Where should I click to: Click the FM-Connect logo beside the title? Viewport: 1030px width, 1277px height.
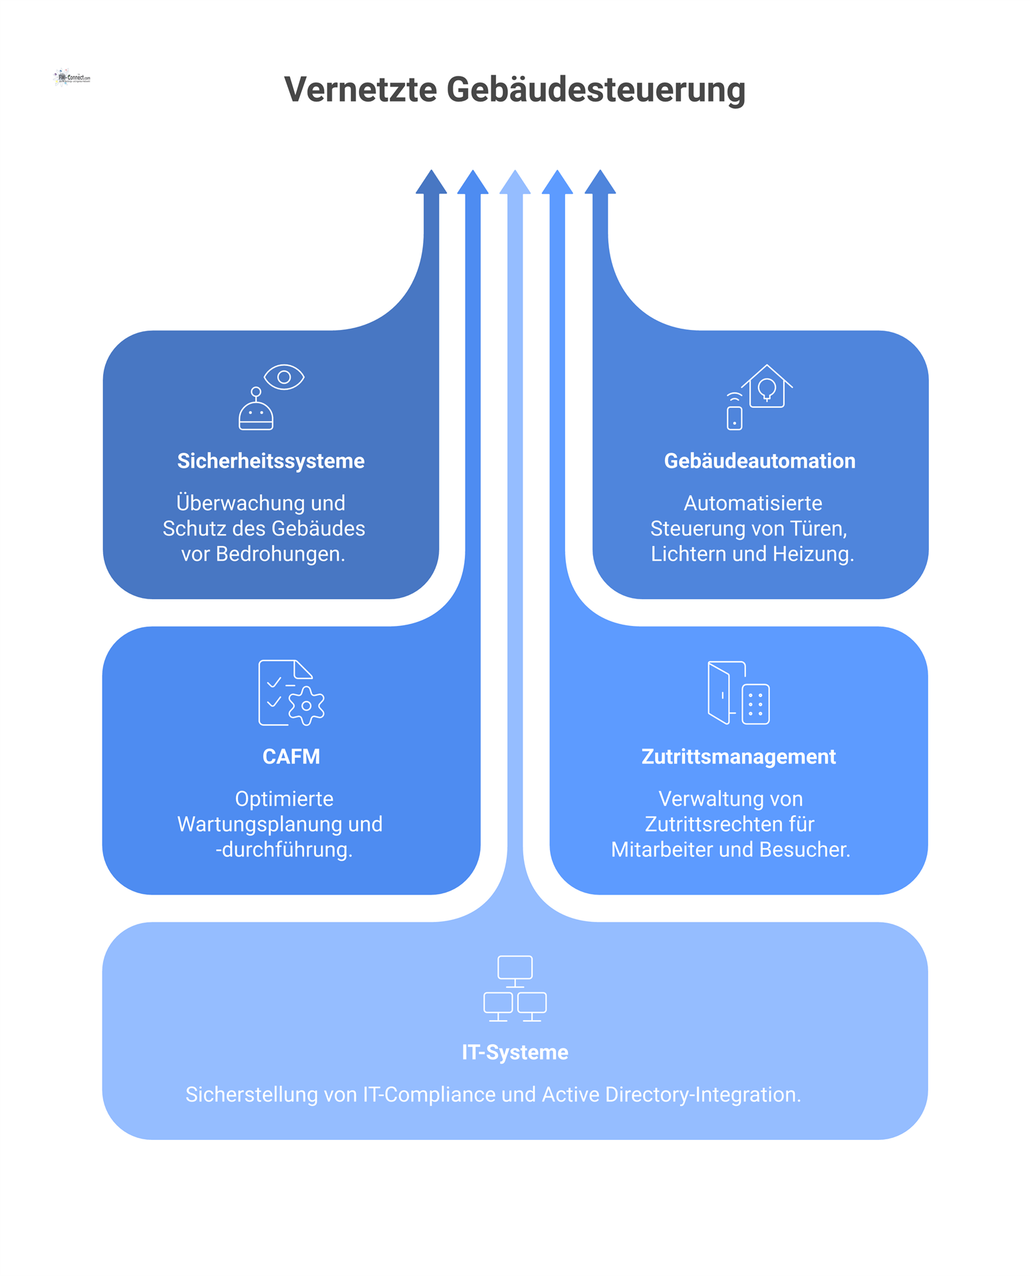point(71,78)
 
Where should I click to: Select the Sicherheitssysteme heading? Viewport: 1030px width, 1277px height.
point(271,461)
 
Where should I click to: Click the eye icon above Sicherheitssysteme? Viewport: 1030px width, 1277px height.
point(284,377)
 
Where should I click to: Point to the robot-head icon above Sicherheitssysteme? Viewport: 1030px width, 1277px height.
point(256,412)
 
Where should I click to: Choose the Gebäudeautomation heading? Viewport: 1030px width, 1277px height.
point(759,461)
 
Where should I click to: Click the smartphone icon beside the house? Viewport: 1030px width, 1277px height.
point(734,417)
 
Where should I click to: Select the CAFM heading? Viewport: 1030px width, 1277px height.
point(291,757)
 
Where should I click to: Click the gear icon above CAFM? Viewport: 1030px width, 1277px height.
point(307,706)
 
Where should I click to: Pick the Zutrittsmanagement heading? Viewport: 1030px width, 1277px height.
point(738,757)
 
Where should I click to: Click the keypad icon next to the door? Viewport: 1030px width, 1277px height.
point(756,704)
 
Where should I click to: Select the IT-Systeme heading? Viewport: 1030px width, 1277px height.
point(515,1052)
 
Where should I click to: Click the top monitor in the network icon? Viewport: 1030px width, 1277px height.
point(515,968)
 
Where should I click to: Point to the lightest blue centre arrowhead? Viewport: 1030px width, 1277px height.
point(515,183)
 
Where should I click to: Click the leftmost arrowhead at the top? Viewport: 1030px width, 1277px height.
point(431,183)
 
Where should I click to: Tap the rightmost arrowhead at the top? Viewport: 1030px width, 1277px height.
point(600,183)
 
